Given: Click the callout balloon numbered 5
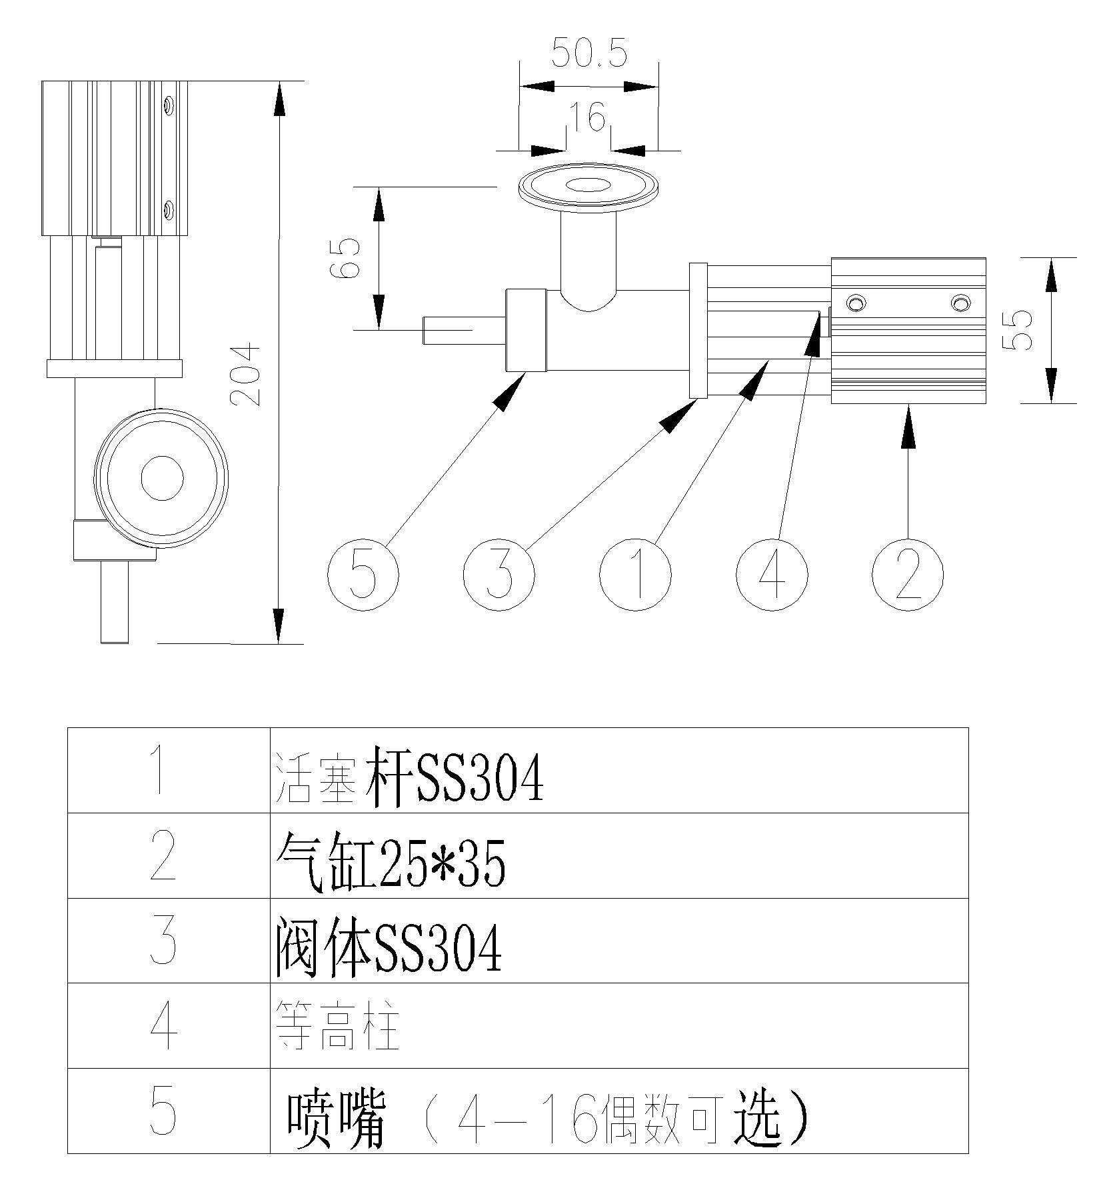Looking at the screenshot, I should (363, 574).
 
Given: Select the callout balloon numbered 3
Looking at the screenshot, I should (499, 574).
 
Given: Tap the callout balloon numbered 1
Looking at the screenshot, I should (635, 574).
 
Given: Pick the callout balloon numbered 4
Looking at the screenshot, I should (772, 574).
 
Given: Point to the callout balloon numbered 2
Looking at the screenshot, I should (908, 574).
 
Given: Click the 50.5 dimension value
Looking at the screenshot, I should (589, 54).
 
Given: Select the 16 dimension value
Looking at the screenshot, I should (588, 117).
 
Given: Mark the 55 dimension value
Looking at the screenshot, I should (1021, 329).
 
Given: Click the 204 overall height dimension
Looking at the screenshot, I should (245, 374).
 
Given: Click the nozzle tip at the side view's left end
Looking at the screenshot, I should (431, 331).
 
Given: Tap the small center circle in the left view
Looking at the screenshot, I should (162, 477).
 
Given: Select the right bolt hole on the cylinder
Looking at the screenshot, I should (960, 304).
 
